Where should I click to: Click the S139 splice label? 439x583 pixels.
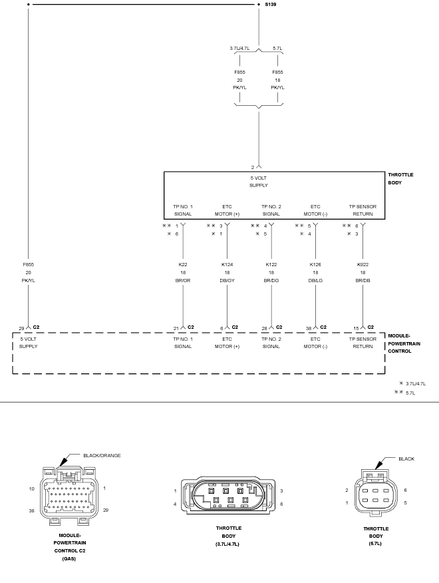click(270, 4)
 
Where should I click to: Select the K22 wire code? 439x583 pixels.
click(183, 264)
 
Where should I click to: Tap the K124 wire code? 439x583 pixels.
click(227, 264)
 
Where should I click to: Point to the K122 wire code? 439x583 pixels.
click(271, 264)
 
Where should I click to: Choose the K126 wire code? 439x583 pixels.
click(315, 264)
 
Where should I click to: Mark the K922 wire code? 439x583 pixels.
click(363, 264)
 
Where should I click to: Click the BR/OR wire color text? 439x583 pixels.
click(183, 280)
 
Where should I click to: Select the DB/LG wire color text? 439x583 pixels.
click(315, 280)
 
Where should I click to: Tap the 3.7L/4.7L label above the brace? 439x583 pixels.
click(239, 49)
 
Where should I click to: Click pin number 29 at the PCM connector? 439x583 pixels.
click(21, 327)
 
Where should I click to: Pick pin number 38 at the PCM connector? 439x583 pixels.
click(308, 327)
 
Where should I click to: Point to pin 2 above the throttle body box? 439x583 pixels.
click(253, 167)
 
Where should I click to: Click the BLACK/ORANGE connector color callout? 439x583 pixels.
click(102, 455)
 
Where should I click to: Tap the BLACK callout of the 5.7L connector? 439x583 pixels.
click(406, 459)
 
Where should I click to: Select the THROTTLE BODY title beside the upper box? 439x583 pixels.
click(400, 178)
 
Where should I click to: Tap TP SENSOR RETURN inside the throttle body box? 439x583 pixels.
click(363, 210)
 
